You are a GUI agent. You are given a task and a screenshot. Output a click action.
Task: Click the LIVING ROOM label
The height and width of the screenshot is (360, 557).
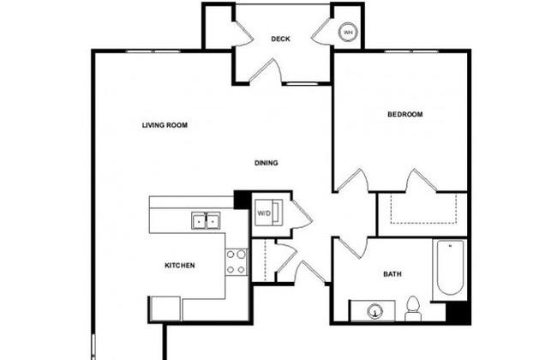[x=165, y=125]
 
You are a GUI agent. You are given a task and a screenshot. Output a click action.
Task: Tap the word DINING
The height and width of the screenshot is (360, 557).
[x=266, y=163]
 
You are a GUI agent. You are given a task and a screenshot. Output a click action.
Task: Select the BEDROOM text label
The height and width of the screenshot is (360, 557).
[x=405, y=114]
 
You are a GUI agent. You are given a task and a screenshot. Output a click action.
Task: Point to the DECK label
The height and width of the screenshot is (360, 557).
[x=280, y=39]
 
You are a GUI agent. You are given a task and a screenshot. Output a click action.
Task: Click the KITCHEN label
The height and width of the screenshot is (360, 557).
[x=180, y=266]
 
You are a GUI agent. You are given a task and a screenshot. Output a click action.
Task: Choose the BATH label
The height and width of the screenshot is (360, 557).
[x=392, y=274]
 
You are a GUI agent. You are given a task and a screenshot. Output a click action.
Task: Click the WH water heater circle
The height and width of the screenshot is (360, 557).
[x=348, y=33]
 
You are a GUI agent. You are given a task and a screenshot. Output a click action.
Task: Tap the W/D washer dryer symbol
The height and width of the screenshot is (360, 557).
[x=269, y=213]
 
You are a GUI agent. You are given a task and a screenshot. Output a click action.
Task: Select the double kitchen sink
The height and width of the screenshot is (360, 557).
[x=206, y=220]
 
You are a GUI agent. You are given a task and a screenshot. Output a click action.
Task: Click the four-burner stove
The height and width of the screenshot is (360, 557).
[x=237, y=262]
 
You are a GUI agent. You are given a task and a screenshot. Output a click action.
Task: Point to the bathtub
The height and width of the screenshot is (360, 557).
[x=450, y=267]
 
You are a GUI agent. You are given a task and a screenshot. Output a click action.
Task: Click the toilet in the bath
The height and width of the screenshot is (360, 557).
[x=413, y=309]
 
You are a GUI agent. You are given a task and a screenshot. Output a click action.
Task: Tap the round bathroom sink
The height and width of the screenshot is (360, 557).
[x=375, y=312]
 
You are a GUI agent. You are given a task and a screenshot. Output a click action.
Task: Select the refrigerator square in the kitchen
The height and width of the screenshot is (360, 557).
[x=166, y=309]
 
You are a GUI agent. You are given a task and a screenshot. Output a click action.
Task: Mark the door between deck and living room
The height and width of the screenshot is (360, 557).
[x=266, y=71]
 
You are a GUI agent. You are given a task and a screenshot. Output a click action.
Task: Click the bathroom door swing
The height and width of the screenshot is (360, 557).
[x=351, y=248]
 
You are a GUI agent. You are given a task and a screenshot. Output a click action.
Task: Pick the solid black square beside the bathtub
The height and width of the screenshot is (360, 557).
[x=458, y=313]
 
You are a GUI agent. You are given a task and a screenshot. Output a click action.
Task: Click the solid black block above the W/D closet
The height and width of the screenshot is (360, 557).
[x=243, y=200]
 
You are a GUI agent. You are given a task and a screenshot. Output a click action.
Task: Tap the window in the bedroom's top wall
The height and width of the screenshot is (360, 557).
[x=411, y=51]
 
